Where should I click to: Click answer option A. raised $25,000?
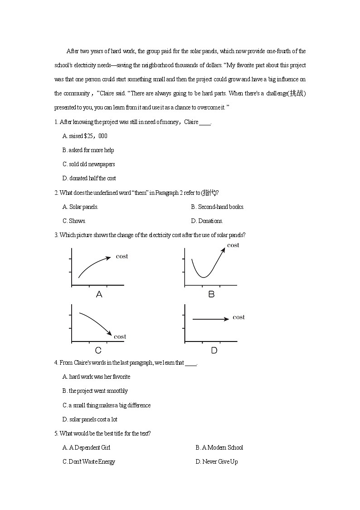pos(85,136)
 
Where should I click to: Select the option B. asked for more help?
pos(88,150)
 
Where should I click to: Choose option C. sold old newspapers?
pos(88,164)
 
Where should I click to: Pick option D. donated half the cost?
pos(89,178)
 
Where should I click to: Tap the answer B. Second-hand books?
pos(218,207)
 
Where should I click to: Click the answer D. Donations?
pos(207,221)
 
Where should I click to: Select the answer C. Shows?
pos(74,221)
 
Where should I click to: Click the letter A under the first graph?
pos(99,294)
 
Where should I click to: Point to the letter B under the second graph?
pos(211,294)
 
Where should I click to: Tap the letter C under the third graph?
pos(98,350)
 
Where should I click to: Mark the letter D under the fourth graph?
pos(214,350)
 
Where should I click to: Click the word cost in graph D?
pos(238,317)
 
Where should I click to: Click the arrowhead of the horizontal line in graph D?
pos(227,319)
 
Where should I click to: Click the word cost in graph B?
pos(233,245)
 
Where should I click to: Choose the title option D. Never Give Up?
pos(217,461)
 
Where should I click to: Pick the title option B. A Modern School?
pos(219,447)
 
